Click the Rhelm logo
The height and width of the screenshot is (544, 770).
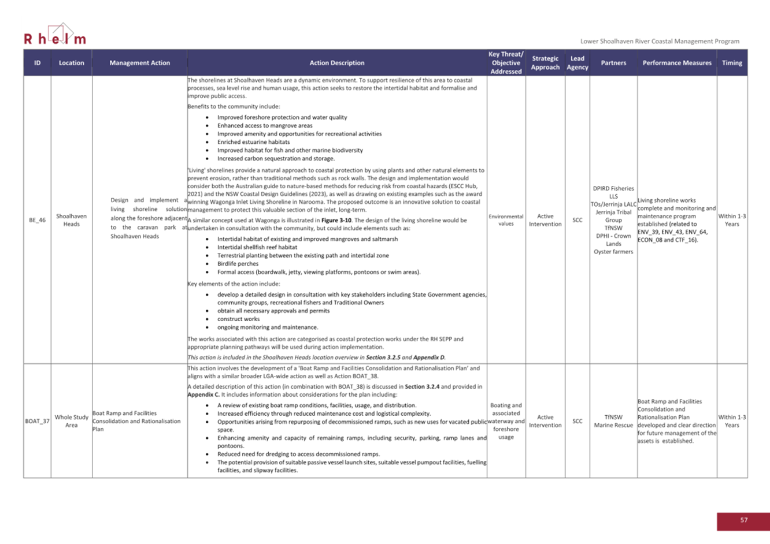click(55, 35)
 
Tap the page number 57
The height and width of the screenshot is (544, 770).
click(743, 520)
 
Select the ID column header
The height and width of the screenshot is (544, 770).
click(37, 63)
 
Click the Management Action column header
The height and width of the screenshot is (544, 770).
click(139, 63)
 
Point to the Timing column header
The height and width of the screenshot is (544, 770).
click(731, 63)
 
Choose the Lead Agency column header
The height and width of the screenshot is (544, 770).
click(577, 63)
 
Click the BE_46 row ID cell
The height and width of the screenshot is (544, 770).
click(37, 220)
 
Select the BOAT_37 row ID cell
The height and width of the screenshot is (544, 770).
click(37, 421)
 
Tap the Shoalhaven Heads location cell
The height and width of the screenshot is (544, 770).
click(71, 220)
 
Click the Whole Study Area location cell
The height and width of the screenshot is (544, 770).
click(71, 421)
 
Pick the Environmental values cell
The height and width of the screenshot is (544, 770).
click(506, 220)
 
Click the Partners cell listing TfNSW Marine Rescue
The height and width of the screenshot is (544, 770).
click(613, 421)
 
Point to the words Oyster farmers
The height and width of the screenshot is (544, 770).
click(613, 252)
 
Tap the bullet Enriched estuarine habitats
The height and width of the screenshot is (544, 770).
click(253, 141)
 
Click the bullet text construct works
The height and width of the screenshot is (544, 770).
click(238, 319)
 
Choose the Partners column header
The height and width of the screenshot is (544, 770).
click(613, 63)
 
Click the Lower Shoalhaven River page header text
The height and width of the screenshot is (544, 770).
click(660, 42)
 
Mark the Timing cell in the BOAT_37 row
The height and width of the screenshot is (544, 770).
click(731, 421)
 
